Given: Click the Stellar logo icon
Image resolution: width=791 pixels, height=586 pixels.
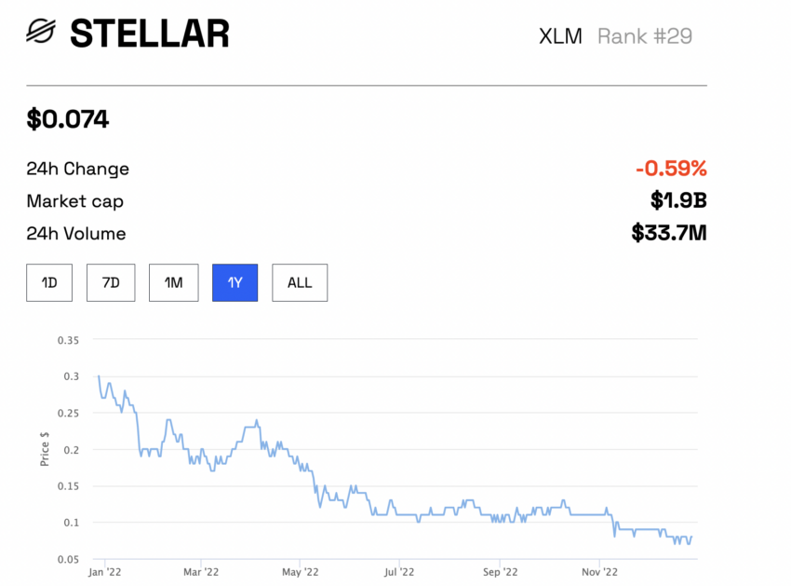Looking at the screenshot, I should tap(41, 34).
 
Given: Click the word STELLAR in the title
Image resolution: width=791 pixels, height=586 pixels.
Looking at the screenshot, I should tap(149, 34).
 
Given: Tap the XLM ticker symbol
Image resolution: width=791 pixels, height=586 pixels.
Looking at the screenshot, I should tap(560, 36).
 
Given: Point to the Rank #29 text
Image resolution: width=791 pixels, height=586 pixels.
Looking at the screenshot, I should tap(644, 36).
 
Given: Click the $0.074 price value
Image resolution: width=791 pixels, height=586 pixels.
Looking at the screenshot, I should tap(67, 119).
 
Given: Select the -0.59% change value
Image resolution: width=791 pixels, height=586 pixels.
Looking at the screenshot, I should tap(671, 169).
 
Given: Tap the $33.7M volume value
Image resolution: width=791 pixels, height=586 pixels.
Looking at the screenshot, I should tap(669, 233).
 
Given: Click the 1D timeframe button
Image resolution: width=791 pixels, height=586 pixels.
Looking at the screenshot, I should tap(49, 282).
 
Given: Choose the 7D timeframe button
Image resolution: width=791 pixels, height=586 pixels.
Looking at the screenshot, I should tap(111, 282).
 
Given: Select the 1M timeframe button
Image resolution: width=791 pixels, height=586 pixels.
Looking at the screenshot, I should tap(173, 282).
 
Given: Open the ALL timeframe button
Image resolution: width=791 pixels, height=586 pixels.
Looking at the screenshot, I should tap(300, 282).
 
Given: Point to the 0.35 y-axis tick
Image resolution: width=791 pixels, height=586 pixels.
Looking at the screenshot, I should tap(68, 340).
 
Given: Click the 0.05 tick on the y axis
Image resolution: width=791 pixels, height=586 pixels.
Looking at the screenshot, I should tap(68, 558).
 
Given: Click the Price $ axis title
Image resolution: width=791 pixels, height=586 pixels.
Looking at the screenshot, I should tap(45, 449).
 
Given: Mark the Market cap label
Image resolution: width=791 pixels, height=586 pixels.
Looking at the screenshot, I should tap(74, 201).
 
